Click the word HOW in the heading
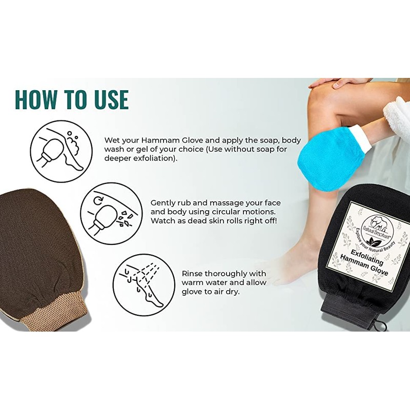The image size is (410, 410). tap(36, 99)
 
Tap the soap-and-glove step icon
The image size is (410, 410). tap(61, 151)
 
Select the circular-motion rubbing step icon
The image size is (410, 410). tap(111, 213)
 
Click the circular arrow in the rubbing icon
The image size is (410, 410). tap(98, 200)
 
